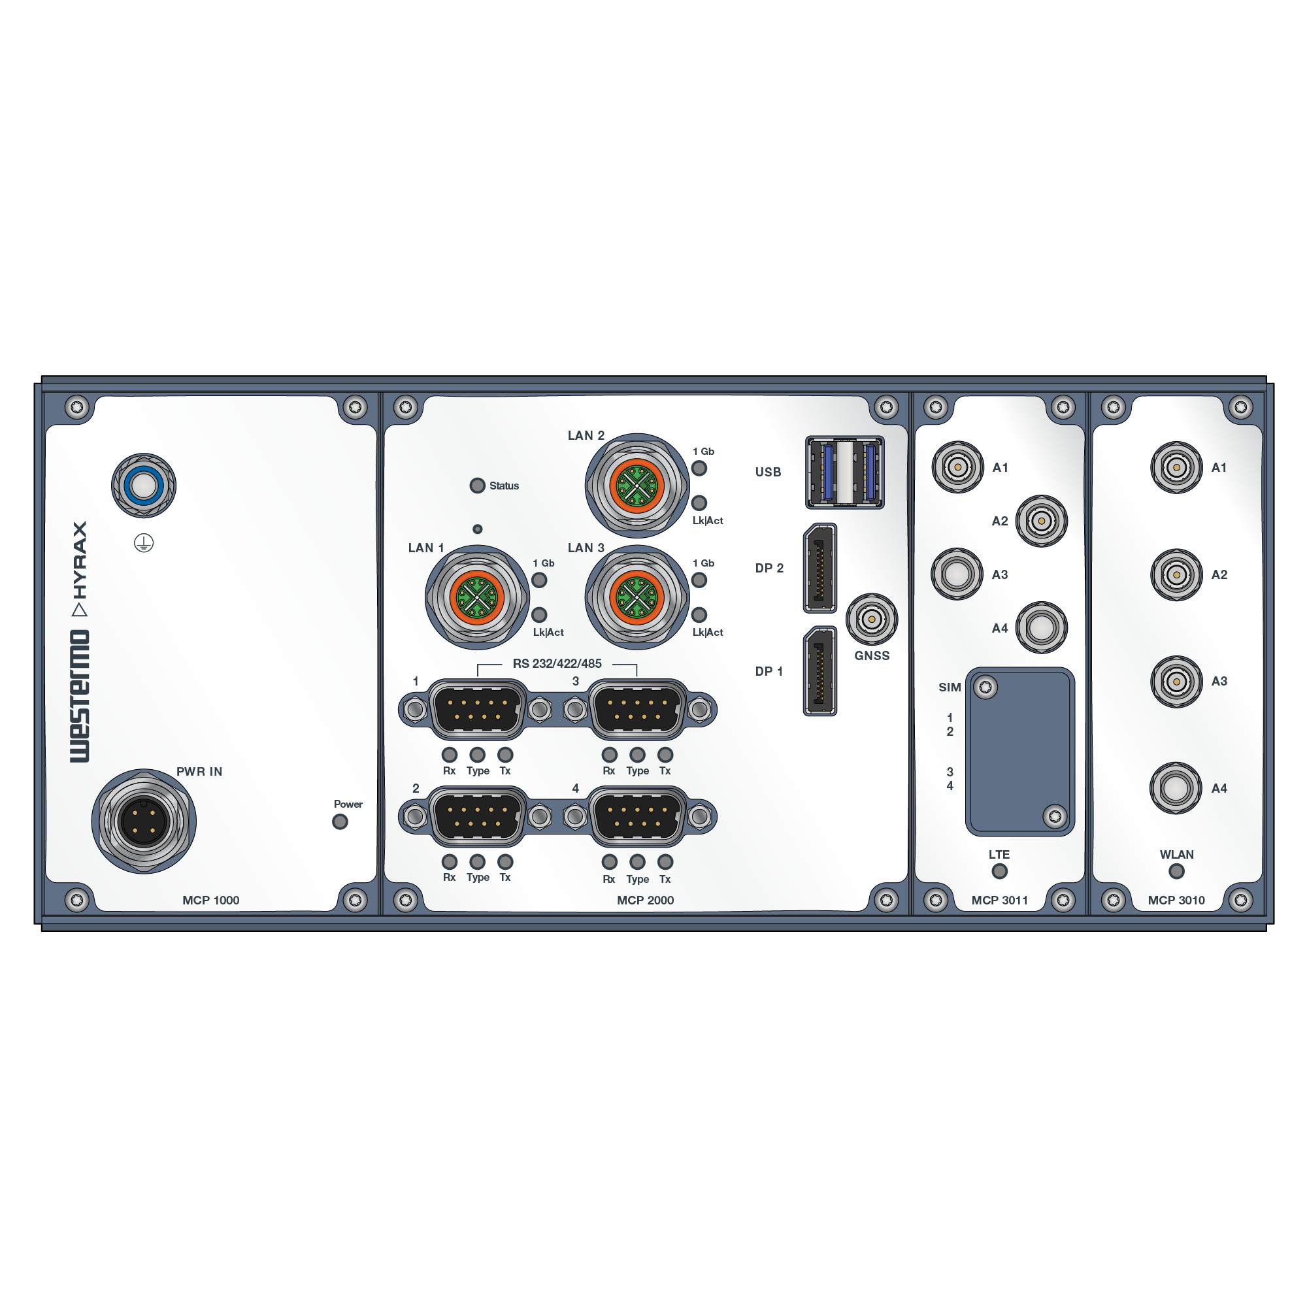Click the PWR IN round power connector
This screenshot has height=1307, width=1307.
[x=144, y=821]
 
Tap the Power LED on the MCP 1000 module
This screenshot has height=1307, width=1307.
[x=340, y=822]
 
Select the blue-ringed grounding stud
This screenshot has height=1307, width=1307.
[x=143, y=486]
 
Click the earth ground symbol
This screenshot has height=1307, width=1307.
[x=143, y=542]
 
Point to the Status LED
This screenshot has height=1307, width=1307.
[x=478, y=486]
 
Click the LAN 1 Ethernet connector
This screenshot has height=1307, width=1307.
[x=478, y=598]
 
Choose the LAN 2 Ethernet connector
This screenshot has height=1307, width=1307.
[x=637, y=486]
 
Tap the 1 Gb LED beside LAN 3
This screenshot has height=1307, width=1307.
[x=699, y=580]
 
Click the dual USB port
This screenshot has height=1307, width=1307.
[x=845, y=472]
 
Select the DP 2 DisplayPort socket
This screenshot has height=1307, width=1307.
[x=820, y=569]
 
